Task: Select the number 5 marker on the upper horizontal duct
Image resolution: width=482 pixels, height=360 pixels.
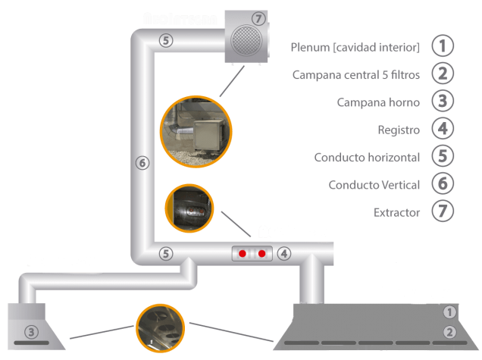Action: pyautogui.click(x=167, y=43)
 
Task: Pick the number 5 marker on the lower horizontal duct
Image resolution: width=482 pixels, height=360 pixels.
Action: pyautogui.click(x=167, y=253)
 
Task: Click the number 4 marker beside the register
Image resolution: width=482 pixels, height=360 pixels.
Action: pyautogui.click(x=283, y=253)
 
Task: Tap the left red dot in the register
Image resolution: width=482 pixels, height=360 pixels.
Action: pyautogui.click(x=244, y=253)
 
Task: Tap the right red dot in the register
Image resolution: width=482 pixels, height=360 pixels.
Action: pyautogui.click(x=262, y=253)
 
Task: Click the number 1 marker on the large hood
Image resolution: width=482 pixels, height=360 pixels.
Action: pyautogui.click(x=449, y=311)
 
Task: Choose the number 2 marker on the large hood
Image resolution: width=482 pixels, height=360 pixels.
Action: pyautogui.click(x=449, y=331)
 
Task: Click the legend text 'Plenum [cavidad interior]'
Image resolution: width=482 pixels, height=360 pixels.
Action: pyautogui.click(x=355, y=48)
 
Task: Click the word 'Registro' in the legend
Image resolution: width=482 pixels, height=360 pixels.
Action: pyautogui.click(x=399, y=130)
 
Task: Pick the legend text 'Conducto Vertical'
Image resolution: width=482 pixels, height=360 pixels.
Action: pyautogui.click(x=374, y=185)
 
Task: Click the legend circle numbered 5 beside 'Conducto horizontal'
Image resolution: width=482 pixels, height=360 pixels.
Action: pyautogui.click(x=443, y=156)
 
